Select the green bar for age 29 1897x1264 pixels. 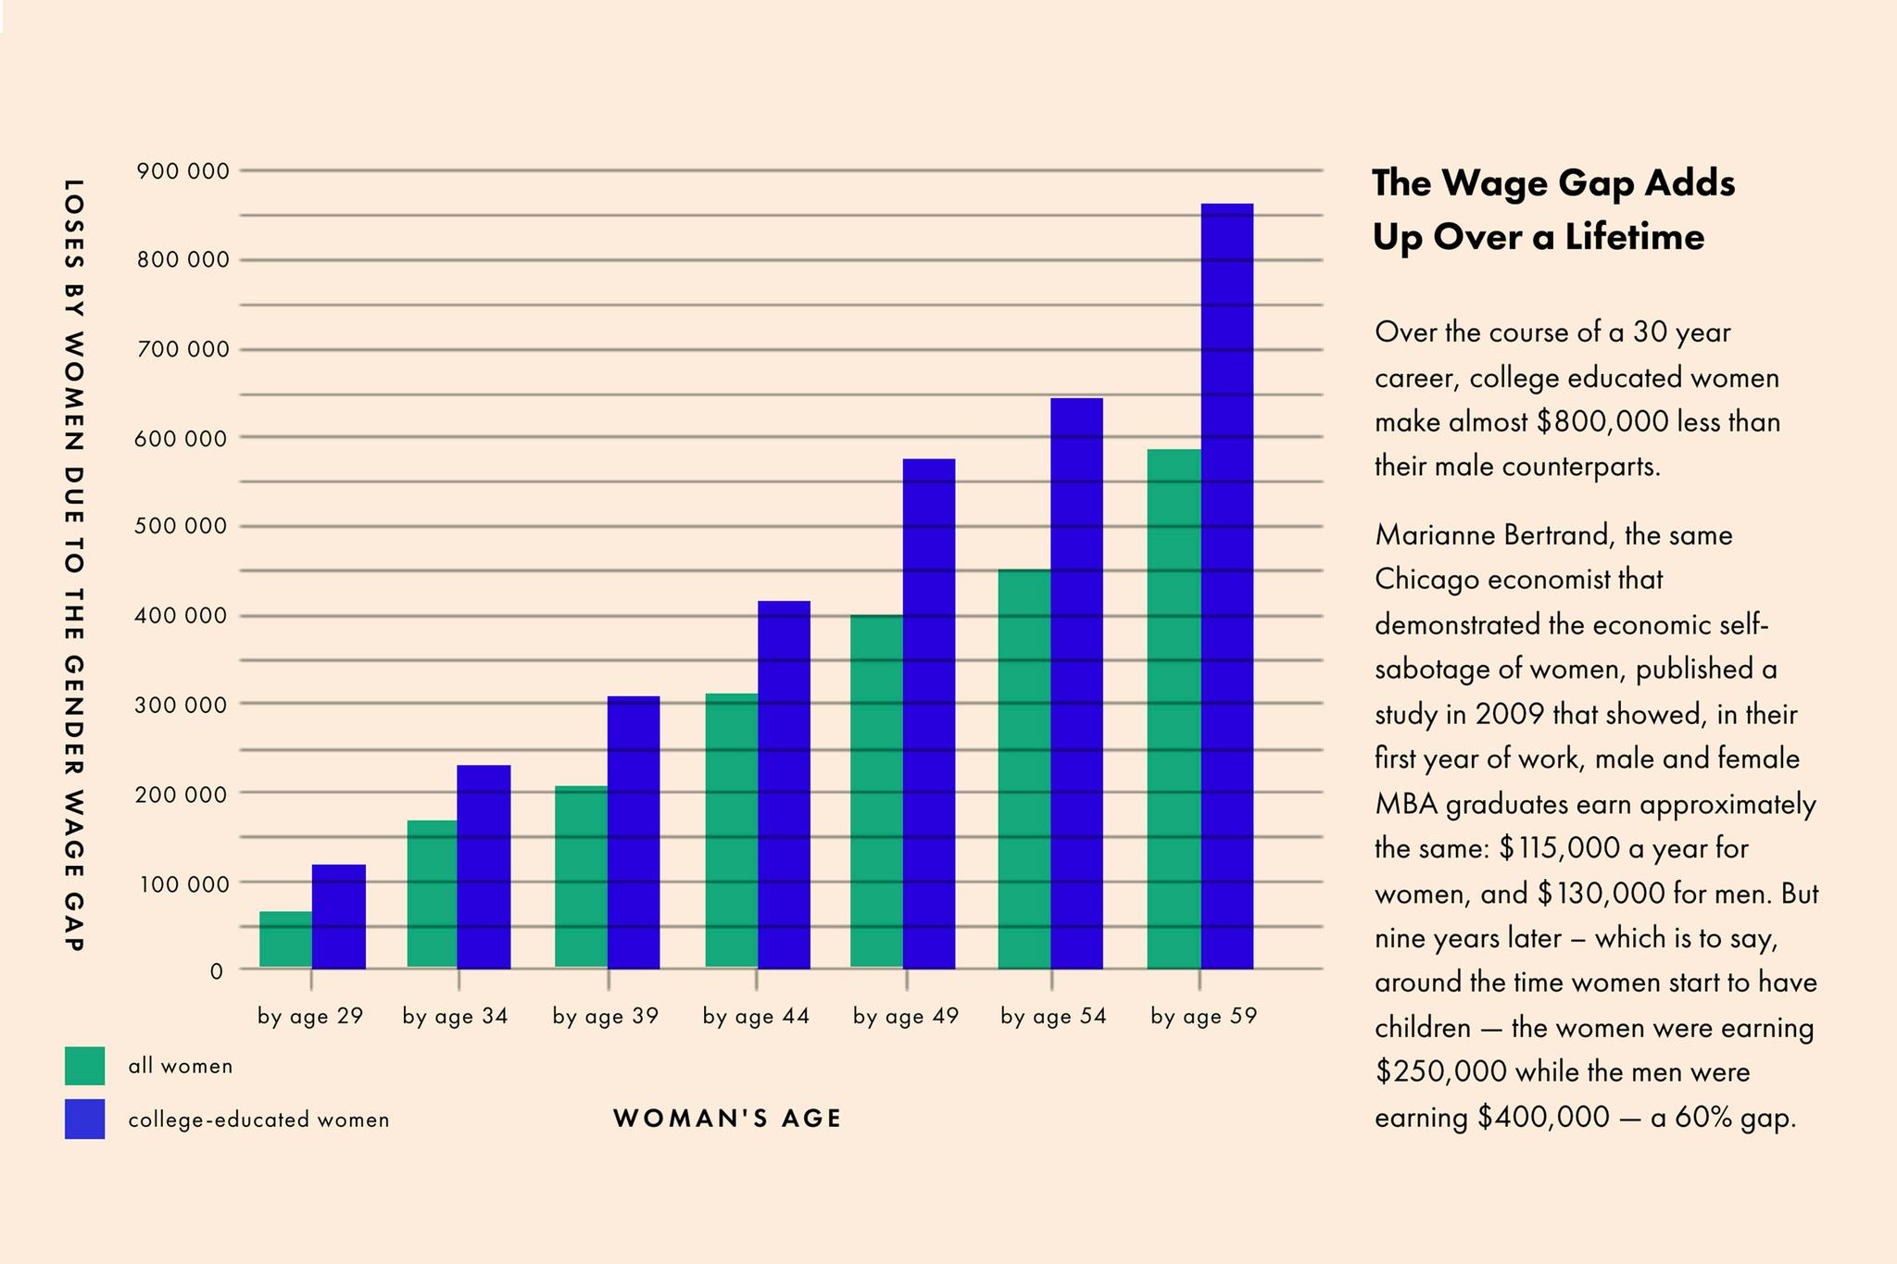285,940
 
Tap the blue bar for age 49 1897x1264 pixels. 929,714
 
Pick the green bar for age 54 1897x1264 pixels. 1024,770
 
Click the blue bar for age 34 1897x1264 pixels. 484,867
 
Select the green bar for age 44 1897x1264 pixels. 731,832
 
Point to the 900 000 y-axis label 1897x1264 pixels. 182,171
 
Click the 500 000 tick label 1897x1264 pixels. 182,527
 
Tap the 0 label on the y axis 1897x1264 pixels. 217,971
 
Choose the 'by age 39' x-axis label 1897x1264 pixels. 605,1017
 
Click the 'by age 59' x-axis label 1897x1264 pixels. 1203,1017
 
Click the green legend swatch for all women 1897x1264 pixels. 84,1066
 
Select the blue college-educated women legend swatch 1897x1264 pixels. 84,1119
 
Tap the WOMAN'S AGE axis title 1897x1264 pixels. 727,1119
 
